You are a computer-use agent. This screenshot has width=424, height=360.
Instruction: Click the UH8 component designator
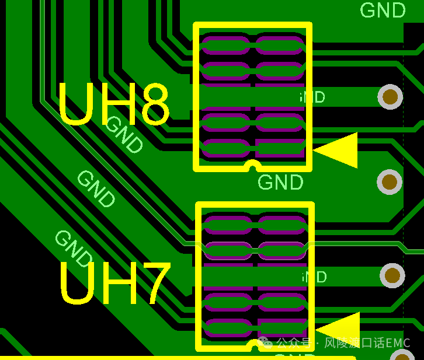click(x=114, y=105)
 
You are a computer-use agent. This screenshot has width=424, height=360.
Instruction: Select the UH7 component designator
click(x=115, y=284)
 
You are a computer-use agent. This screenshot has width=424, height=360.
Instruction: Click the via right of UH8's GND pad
click(x=390, y=97)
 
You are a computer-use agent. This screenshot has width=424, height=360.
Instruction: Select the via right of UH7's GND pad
click(x=392, y=275)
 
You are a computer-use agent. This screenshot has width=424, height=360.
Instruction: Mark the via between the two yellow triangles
click(x=390, y=182)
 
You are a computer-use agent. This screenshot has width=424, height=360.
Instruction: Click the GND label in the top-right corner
click(x=383, y=11)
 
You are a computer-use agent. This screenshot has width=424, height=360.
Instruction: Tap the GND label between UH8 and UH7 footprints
click(x=280, y=183)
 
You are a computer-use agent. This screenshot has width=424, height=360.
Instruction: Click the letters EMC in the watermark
click(x=399, y=343)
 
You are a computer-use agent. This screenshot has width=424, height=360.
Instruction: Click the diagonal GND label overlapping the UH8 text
click(x=124, y=135)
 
